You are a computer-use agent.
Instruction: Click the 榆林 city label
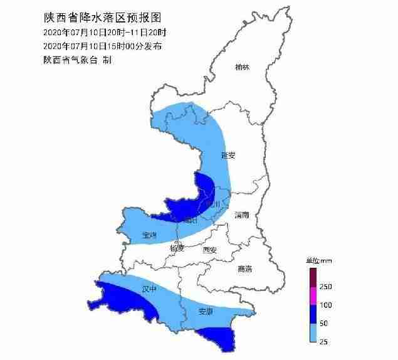click(x=242, y=67)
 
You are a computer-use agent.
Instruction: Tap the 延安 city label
click(x=228, y=155)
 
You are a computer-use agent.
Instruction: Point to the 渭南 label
click(x=242, y=215)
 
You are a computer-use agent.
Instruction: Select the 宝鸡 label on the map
click(x=149, y=235)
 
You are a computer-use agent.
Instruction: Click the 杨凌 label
click(x=177, y=248)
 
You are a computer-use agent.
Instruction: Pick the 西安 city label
click(x=209, y=250)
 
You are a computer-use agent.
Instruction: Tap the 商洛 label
click(x=244, y=269)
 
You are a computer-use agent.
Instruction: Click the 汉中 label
click(x=149, y=289)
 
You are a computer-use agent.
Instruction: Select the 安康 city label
click(x=205, y=312)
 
